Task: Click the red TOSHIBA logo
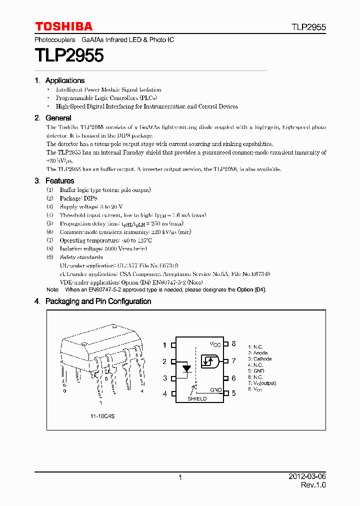coord(63,26)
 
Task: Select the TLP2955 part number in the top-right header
coord(308,27)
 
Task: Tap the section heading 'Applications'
coord(64,80)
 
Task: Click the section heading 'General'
coord(58,118)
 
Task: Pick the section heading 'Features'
coord(59,180)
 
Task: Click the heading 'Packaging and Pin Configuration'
coord(98,301)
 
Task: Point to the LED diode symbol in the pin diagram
coord(186,369)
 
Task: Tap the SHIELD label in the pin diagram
coord(197,398)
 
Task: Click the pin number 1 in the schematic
coord(164,344)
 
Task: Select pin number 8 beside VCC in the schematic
coord(233,344)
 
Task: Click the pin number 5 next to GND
coord(233,393)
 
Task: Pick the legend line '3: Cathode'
coord(260,359)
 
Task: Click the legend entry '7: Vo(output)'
coord(262,383)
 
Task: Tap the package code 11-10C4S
coord(102,415)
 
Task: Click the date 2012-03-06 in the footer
coord(306,477)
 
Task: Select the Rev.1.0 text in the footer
coord(313,485)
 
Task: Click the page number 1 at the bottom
coord(180,477)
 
